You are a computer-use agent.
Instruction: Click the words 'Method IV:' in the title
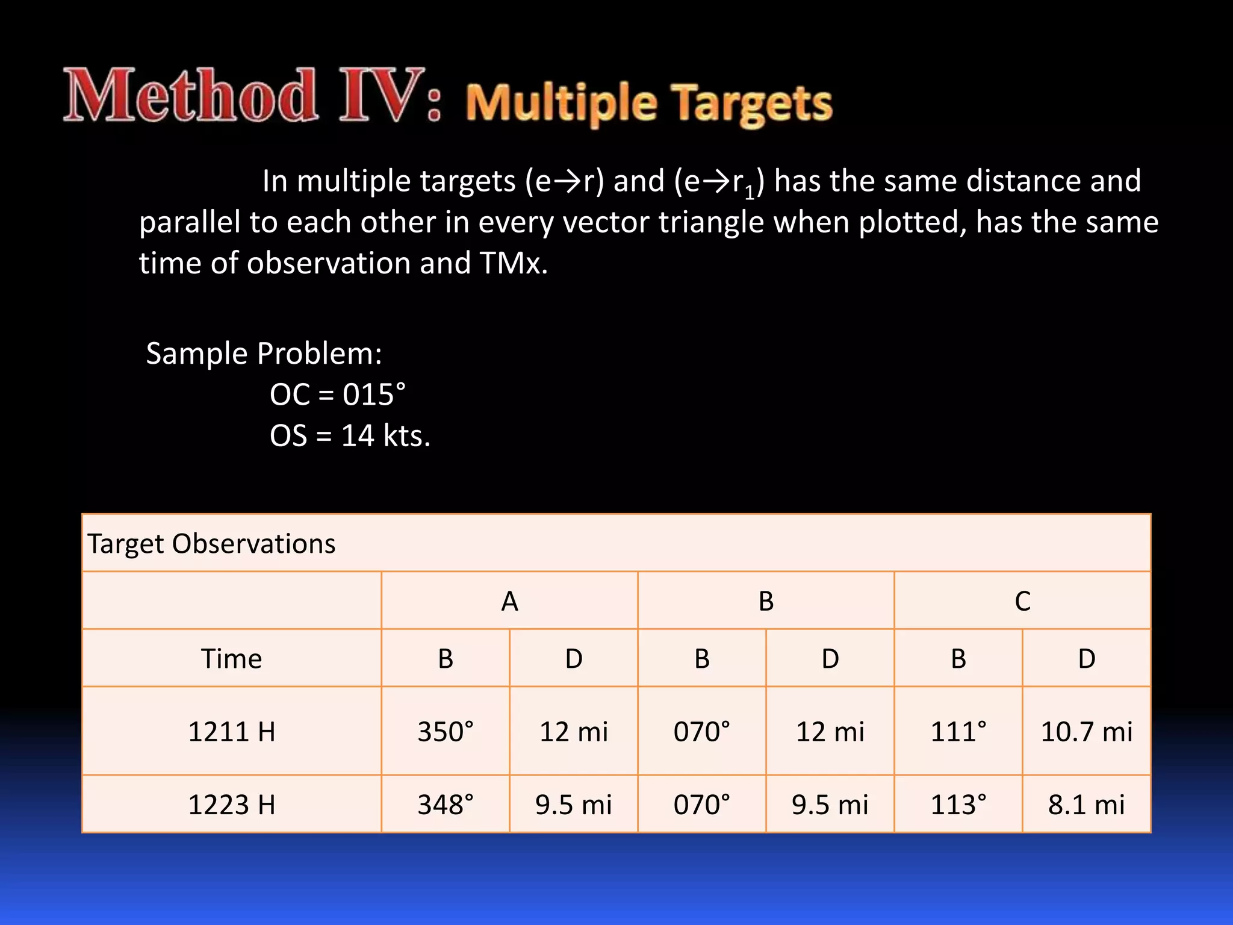[253, 96]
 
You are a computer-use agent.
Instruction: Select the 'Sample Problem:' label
[264, 353]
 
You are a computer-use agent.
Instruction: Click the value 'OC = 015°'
[337, 395]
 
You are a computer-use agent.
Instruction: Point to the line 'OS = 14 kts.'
[350, 436]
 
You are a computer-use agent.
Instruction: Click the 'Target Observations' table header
[211, 544]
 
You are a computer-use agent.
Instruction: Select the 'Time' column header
[231, 659]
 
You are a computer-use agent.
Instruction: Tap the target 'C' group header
[1022, 601]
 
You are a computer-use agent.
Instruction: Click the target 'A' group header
[509, 601]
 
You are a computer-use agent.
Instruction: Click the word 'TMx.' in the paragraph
[514, 263]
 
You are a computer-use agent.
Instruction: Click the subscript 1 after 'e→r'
[749, 193]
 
